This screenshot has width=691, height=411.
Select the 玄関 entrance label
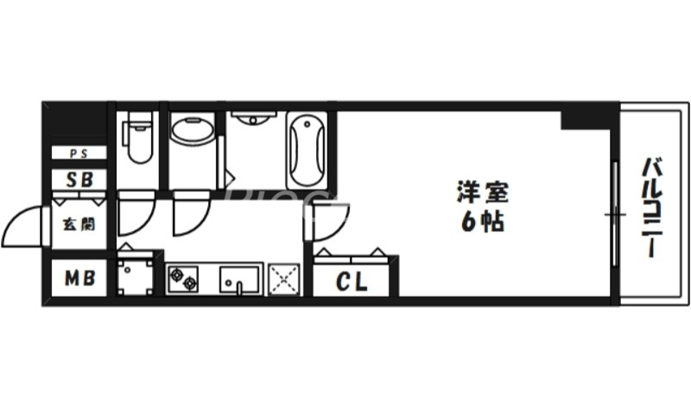(77, 224)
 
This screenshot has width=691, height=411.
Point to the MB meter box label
(77, 279)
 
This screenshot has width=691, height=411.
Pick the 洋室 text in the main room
(477, 190)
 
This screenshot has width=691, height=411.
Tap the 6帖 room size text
(477, 222)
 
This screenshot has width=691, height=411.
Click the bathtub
(306, 148)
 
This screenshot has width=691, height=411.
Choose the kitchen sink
(240, 279)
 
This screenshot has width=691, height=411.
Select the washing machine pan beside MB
(135, 275)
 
